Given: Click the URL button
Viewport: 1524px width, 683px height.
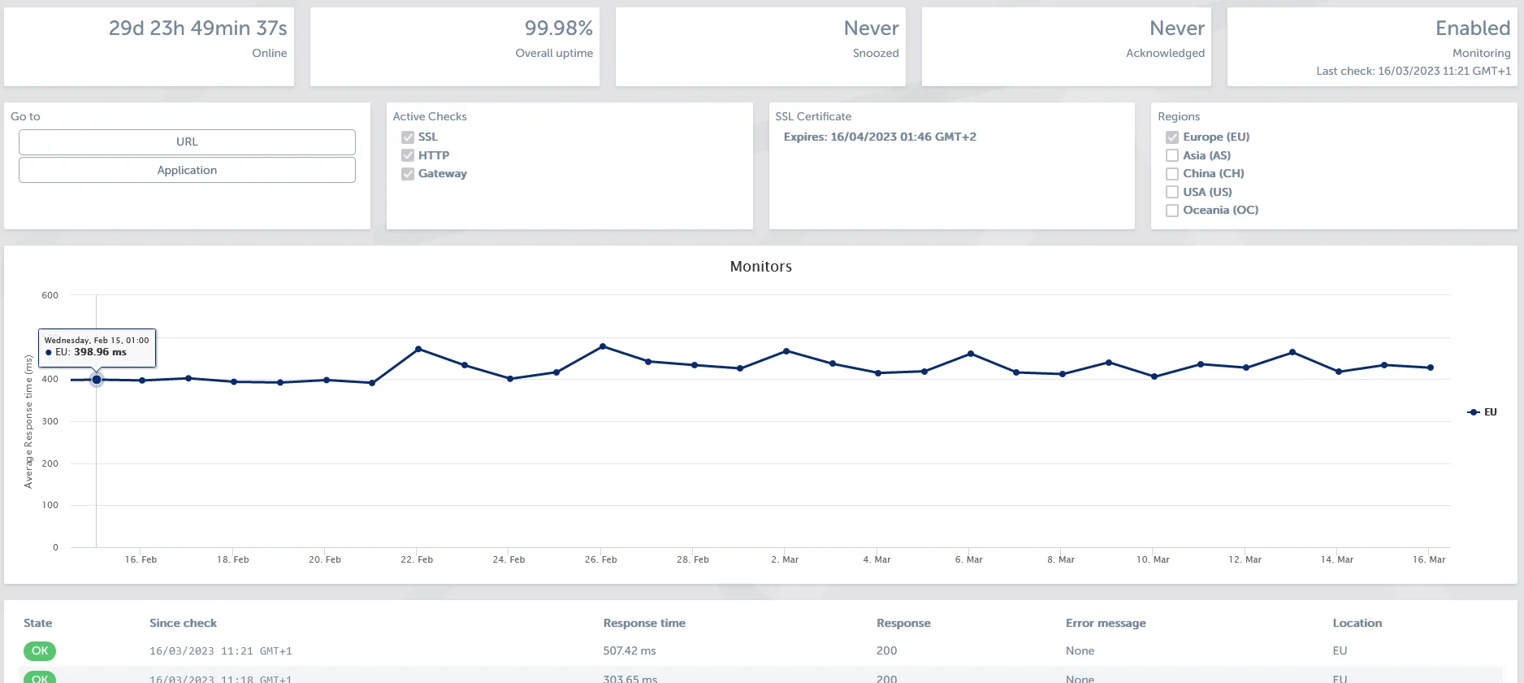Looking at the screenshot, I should point(187,141).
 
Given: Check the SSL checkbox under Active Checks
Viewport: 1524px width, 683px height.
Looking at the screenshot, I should point(408,137).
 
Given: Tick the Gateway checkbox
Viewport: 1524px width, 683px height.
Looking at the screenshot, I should point(408,174).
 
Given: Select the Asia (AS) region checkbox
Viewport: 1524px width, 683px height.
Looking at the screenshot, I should point(1172,155).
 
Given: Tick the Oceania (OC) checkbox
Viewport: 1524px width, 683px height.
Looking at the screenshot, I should point(1172,211).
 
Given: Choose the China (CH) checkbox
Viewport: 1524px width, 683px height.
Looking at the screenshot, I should point(1172,174).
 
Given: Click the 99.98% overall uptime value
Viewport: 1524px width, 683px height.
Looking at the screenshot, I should point(558,28).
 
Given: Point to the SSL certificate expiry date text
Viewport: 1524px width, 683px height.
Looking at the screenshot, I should point(880,137).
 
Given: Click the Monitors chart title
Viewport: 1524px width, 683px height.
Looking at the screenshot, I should point(760,267).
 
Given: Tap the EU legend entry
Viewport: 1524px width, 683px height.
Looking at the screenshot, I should point(1483,412).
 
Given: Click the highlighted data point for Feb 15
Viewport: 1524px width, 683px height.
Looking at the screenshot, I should point(97,380).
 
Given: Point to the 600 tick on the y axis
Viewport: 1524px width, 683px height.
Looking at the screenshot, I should point(50,295).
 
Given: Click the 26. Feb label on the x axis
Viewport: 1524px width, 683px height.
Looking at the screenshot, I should point(600,559).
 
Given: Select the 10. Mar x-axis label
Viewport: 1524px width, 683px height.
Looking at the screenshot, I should point(1153,559).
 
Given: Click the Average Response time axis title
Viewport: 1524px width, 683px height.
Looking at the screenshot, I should point(28,421).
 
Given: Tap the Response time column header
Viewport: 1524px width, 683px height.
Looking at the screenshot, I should point(644,623).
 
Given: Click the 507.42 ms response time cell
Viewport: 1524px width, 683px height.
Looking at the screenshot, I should point(629,650).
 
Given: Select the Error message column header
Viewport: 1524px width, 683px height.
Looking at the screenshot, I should point(1106,623).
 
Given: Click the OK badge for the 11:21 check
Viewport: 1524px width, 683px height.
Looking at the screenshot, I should point(40,650).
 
